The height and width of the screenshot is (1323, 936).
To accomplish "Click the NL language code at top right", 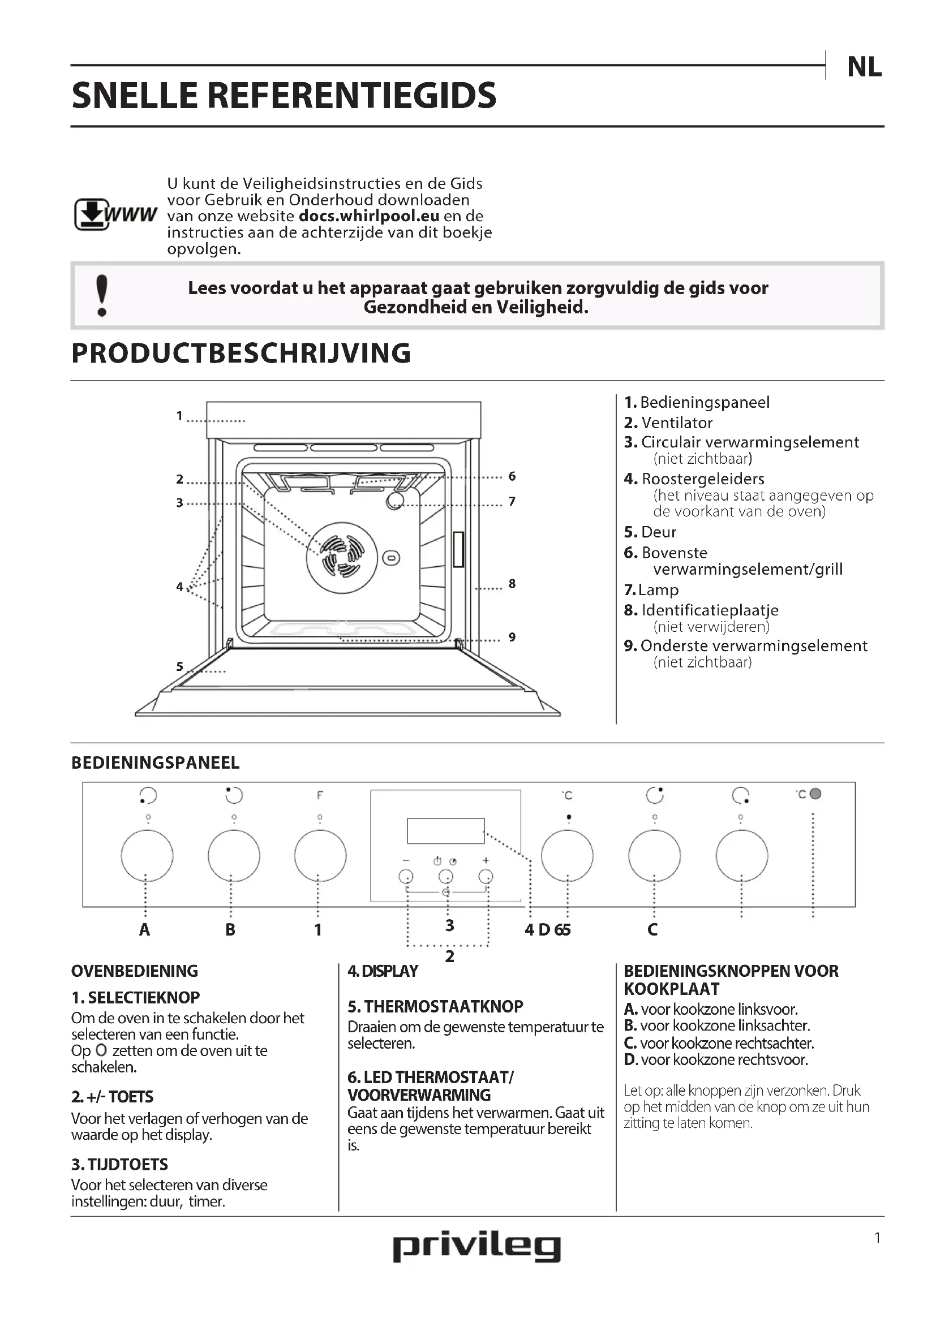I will coord(864,68).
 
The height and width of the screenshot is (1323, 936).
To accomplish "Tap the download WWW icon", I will coord(115,214).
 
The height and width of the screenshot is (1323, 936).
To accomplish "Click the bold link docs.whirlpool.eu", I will coord(369,216).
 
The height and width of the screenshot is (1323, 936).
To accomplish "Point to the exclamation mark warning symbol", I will coord(102,296).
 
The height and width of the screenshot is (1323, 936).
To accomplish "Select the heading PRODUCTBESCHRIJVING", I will coord(241,353).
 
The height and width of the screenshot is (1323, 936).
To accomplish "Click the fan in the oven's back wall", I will coord(342,557).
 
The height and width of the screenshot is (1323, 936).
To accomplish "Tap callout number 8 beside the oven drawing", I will coord(512,584).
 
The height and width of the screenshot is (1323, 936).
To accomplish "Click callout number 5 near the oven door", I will coord(180,667).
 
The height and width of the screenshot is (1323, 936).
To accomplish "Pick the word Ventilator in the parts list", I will coord(677,423).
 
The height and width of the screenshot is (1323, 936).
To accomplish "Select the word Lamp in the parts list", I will coord(658,590).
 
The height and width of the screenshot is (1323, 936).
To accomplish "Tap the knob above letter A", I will coord(147,856).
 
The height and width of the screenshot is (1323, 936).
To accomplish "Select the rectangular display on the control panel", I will coord(445,830).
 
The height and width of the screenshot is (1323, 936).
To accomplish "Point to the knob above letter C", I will coord(654,856).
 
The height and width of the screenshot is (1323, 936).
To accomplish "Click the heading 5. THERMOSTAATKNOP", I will coord(435,1007).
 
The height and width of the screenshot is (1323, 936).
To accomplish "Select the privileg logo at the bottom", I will coord(476,1248).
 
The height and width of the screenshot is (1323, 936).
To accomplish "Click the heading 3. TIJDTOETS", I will coord(120,1165).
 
